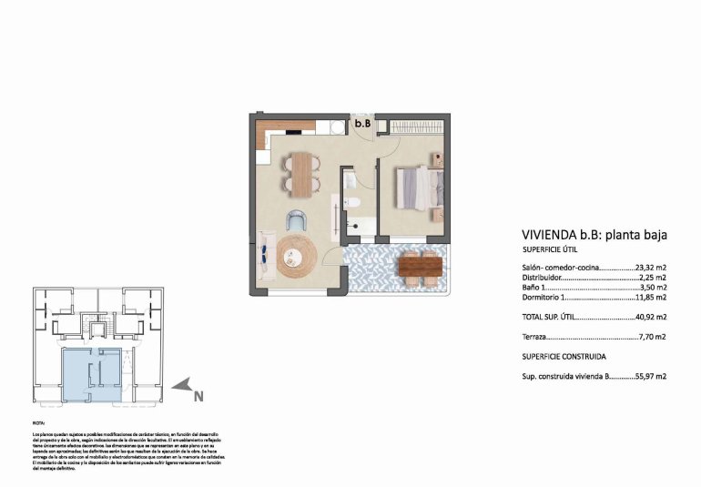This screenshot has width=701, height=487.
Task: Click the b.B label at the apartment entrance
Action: [x=362, y=122]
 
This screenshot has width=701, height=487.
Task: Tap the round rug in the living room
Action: [x=298, y=256]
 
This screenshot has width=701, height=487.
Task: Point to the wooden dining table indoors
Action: [x=301, y=170]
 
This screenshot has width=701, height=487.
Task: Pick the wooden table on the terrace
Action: [x=420, y=266]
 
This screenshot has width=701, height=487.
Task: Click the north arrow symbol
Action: [x=183, y=386]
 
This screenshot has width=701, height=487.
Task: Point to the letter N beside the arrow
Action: [x=199, y=396]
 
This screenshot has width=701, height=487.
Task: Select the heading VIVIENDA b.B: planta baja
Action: [x=594, y=235]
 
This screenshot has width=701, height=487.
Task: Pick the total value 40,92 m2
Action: [x=651, y=317]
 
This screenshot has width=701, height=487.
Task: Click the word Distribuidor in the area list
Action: [x=544, y=278]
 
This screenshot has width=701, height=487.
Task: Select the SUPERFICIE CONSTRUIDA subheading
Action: [x=564, y=356]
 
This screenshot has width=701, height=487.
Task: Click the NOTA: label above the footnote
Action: [x=37, y=423]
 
